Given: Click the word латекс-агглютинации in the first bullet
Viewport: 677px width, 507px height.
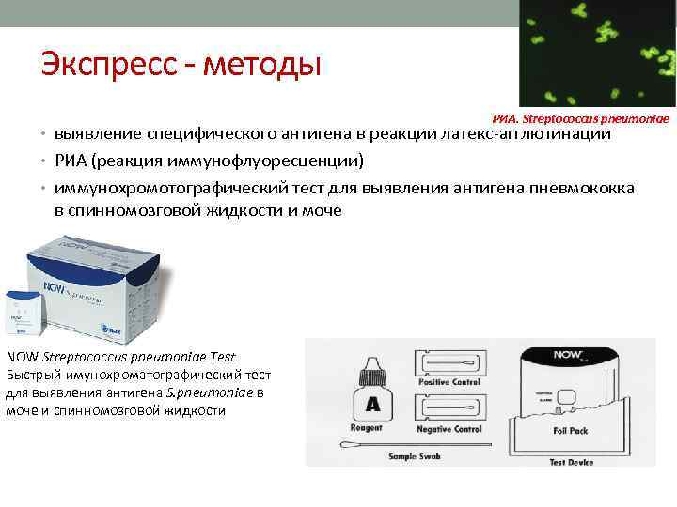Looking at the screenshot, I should tap(527, 134).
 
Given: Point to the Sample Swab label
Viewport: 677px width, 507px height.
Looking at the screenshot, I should tap(419, 456).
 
